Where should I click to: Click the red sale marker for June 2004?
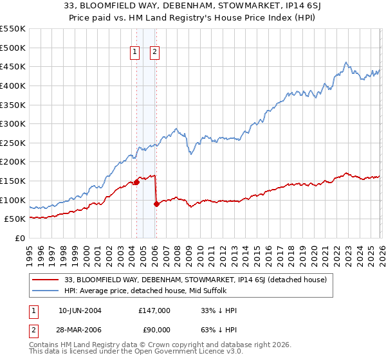tap(136, 183)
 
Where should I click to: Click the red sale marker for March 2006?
tap(156, 204)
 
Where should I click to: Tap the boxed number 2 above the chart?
tap(155, 53)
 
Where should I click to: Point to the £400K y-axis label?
tap(12, 85)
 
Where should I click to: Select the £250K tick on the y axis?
tap(12, 143)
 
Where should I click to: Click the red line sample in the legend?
tap(46, 280)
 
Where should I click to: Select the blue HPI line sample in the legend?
tap(46, 291)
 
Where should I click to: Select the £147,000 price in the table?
tap(154, 310)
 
